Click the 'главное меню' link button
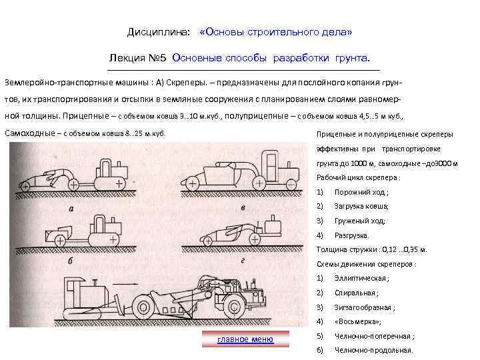(245, 339)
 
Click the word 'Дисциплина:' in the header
(158, 32)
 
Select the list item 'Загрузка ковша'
(362, 206)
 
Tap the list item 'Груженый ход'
(360, 221)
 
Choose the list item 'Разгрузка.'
(351, 235)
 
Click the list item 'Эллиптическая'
(361, 278)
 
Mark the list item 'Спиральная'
(357, 293)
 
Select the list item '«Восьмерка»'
(358, 321)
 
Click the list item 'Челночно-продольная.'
(373, 350)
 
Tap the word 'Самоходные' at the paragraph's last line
(29, 133)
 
